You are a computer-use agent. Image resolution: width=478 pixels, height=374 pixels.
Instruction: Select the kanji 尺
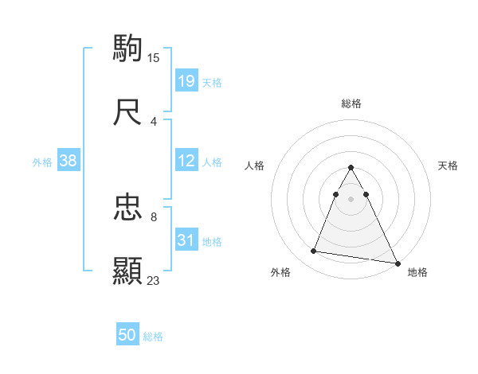(127, 113)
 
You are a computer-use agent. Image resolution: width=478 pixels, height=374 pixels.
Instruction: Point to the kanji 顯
(127, 271)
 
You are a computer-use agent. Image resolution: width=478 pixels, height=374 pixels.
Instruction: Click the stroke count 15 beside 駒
(154, 57)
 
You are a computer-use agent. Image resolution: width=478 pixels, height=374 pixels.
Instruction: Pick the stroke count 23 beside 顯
(154, 280)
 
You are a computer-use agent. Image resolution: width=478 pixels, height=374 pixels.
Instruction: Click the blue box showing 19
(186, 81)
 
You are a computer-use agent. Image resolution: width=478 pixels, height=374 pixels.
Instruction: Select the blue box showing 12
(186, 161)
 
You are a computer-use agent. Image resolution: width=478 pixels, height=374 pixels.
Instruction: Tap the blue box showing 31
(186, 240)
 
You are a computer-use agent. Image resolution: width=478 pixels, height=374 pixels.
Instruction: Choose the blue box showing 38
(69, 161)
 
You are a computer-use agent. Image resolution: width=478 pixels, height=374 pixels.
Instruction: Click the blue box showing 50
(127, 335)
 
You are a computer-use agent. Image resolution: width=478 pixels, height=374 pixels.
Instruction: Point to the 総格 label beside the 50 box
(153, 337)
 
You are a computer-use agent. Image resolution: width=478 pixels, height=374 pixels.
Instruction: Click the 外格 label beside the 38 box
(42, 162)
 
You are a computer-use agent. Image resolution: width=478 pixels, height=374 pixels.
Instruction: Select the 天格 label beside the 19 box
(212, 83)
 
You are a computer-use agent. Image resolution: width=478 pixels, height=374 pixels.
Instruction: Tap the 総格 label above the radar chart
(351, 103)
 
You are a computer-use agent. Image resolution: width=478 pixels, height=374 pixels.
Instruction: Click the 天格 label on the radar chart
(448, 166)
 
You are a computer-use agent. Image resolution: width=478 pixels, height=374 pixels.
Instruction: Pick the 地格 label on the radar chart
(417, 272)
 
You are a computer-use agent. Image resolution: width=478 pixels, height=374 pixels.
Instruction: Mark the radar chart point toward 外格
(314, 251)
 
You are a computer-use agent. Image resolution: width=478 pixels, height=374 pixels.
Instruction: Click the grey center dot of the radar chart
(351, 197)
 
